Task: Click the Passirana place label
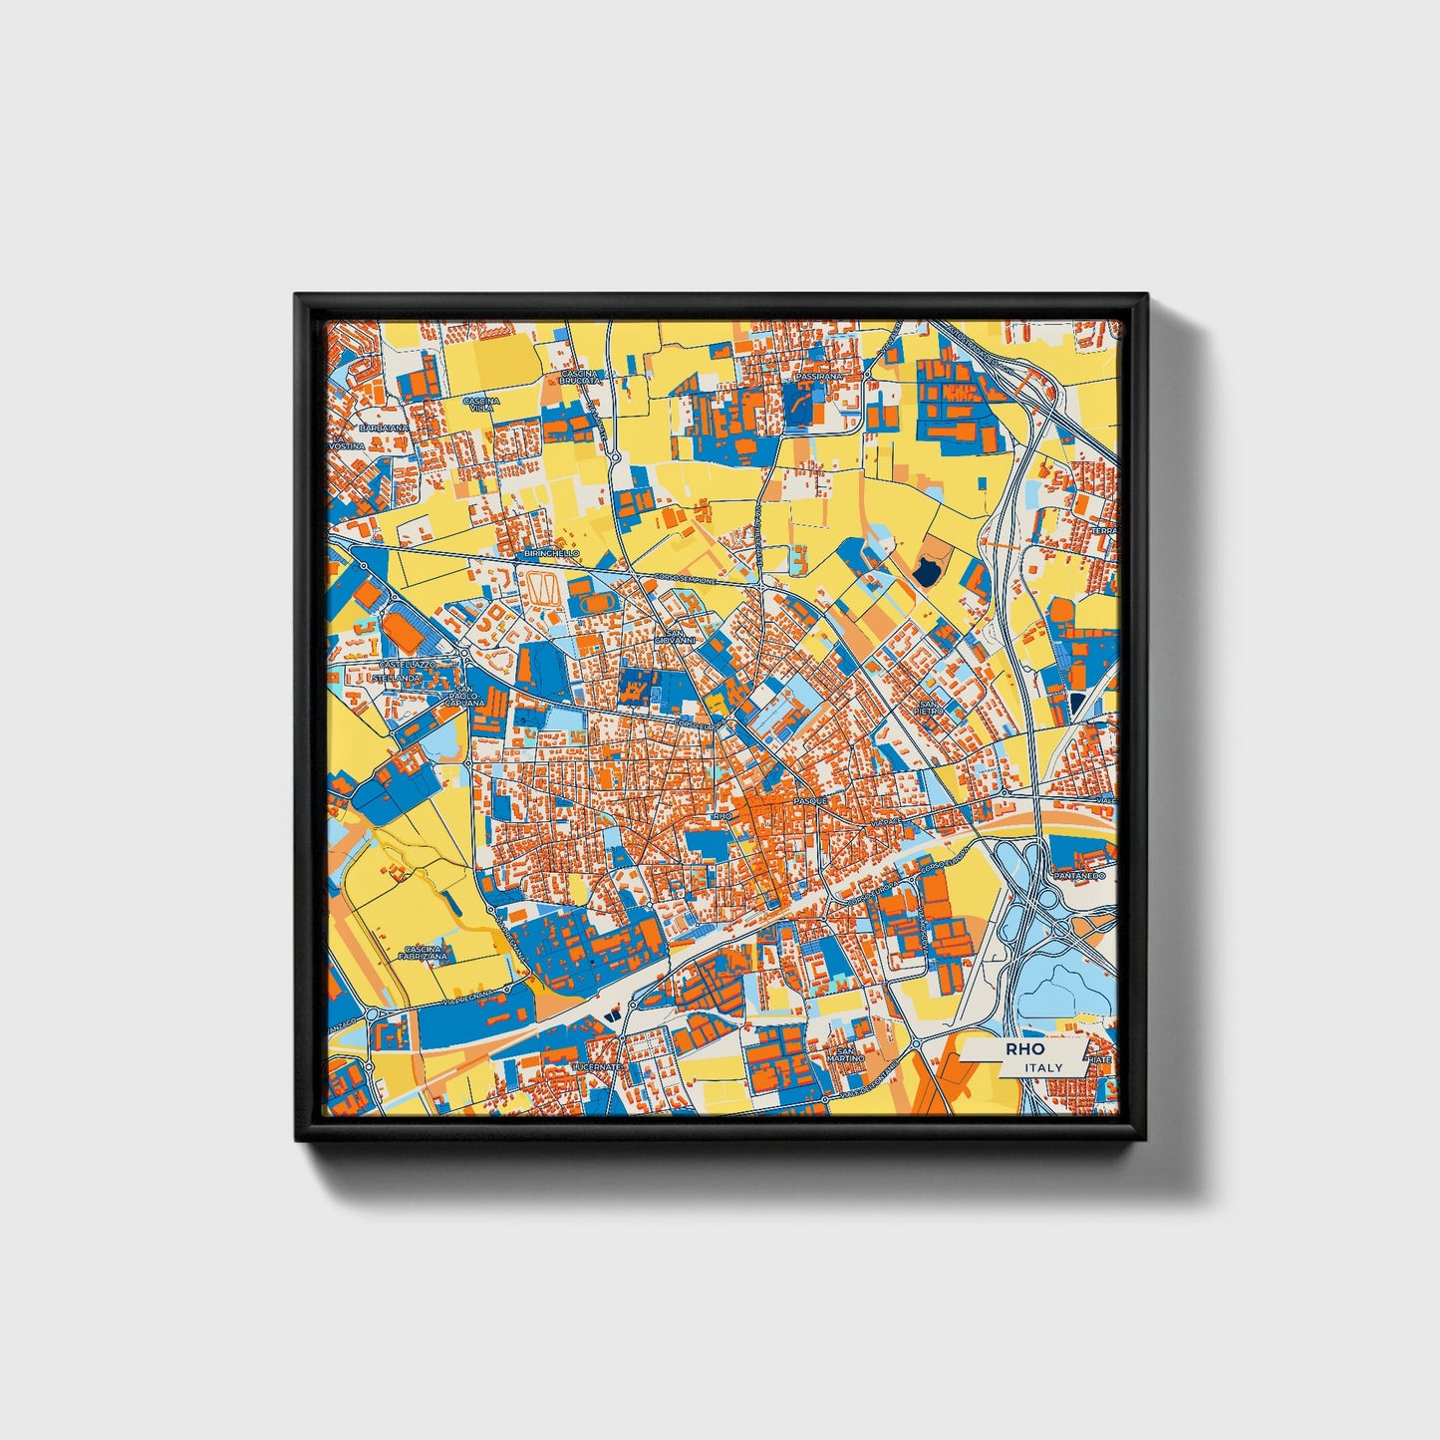click(x=819, y=378)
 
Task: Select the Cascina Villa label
click(x=480, y=404)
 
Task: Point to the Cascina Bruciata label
click(x=581, y=377)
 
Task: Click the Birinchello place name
click(x=551, y=552)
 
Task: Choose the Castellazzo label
click(x=407, y=664)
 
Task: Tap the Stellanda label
click(x=397, y=678)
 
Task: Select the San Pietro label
click(x=929, y=707)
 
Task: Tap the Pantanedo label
click(x=1078, y=875)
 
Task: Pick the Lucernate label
click(x=596, y=1066)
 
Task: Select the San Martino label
click(x=850, y=1053)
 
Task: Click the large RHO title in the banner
click(x=1024, y=1049)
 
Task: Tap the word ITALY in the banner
click(x=1043, y=1067)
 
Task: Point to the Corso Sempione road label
click(x=680, y=579)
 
